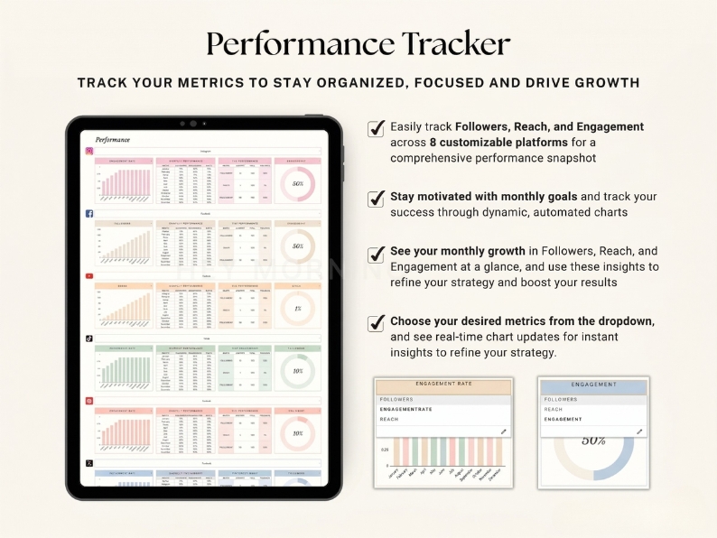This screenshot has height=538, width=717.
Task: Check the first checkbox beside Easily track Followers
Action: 377,128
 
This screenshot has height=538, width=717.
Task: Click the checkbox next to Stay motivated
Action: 377,197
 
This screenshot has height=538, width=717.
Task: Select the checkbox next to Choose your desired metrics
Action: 377,322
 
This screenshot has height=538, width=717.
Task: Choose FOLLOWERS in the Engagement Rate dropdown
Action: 397,399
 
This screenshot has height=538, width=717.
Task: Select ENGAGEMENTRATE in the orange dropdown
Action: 406,409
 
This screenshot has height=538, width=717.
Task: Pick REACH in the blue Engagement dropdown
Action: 553,409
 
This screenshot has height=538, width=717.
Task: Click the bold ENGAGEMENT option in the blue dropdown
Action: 563,419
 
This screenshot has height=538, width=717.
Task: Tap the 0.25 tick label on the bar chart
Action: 385,449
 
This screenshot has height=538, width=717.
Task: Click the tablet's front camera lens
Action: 192,124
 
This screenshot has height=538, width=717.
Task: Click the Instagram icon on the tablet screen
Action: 89,152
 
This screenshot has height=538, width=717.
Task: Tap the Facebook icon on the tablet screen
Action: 89,214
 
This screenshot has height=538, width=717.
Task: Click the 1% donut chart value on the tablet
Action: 297,308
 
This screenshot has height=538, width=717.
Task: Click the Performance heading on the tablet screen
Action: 113,140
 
